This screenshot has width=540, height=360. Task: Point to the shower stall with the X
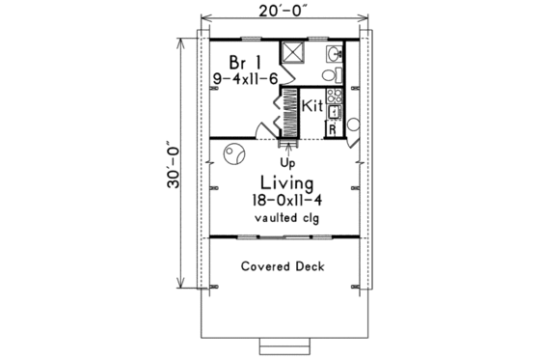tap(293, 52)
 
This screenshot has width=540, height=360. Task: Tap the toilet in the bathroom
tap(329, 73)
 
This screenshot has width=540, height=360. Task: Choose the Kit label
tap(310, 105)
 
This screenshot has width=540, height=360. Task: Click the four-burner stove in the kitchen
tap(334, 96)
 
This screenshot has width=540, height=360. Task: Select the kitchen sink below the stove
tap(334, 112)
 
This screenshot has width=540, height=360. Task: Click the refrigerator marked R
tap(333, 128)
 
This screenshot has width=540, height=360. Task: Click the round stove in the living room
tap(234, 152)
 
